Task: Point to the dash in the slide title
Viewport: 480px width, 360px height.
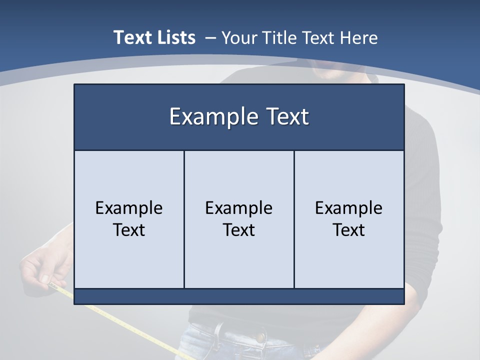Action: coord(210,38)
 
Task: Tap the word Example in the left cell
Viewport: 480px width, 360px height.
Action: coord(129,208)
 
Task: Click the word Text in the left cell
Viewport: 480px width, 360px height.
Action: coord(129,230)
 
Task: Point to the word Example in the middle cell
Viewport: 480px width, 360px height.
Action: coord(239,208)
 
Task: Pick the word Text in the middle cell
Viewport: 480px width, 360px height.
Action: coord(239,230)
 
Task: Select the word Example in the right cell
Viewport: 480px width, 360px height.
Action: coord(348,208)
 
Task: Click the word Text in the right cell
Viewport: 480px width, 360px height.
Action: coord(348,230)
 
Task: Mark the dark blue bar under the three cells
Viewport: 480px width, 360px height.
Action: coord(239,296)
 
